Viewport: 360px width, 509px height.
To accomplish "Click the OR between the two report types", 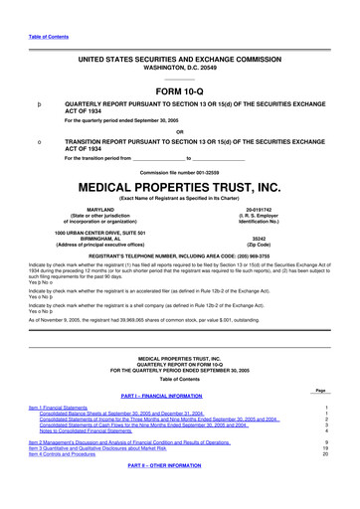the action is [179, 131].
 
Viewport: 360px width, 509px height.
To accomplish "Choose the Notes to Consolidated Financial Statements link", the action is [102, 460].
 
